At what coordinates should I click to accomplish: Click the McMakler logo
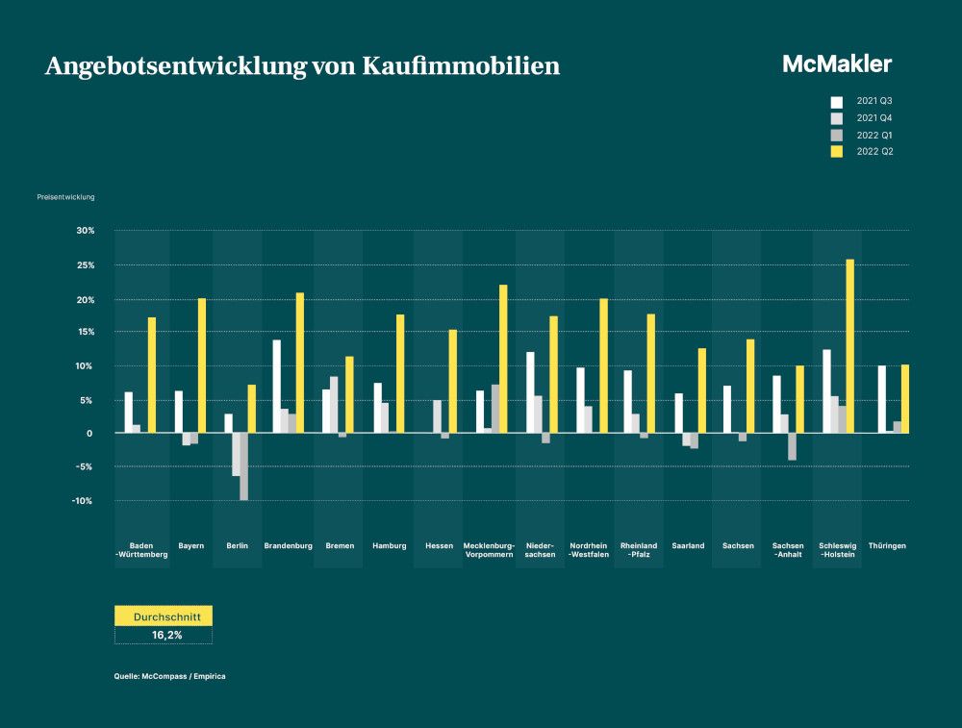click(836, 64)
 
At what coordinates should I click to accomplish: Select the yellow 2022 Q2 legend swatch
click(836, 151)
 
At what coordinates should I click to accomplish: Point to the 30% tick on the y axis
click(85, 231)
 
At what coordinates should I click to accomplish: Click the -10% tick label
click(84, 501)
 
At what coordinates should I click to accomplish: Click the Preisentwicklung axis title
click(66, 198)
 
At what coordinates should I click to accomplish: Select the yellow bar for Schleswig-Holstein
click(849, 346)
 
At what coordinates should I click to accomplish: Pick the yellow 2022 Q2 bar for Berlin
click(252, 409)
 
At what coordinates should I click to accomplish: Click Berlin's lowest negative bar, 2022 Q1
click(243, 466)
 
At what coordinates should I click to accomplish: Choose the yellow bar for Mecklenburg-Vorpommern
click(503, 359)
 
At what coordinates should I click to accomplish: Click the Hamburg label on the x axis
click(389, 545)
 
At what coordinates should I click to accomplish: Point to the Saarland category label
click(689, 545)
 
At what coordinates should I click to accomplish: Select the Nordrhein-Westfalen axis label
click(589, 550)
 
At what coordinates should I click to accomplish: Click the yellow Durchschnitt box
click(163, 615)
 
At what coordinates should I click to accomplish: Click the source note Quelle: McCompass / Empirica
click(169, 676)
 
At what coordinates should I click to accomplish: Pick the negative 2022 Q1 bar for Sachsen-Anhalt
click(793, 446)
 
